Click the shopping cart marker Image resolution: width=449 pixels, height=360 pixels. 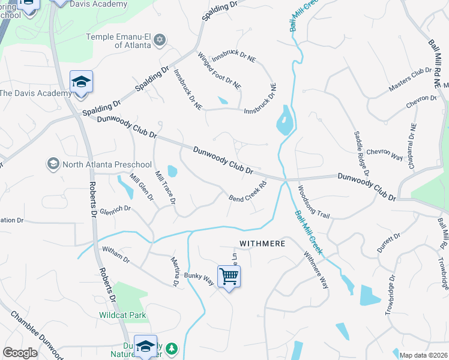pyautogui.click(x=229, y=277)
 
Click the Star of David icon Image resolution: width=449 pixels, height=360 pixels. pyautogui.click(x=159, y=40)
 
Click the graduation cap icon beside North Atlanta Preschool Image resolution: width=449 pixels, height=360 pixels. pyautogui.click(x=53, y=164)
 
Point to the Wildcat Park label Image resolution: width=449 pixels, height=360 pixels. pyautogui.click(x=122, y=315)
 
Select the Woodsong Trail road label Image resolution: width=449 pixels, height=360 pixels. pyautogui.click(x=313, y=202)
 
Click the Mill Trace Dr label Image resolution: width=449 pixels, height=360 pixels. pyautogui.click(x=164, y=187)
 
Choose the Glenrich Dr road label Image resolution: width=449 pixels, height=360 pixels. pyautogui.click(x=115, y=209)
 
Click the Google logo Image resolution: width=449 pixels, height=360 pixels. pyautogui.click(x=20, y=353)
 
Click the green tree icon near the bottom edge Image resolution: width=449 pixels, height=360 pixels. pyautogui.click(x=172, y=349)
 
